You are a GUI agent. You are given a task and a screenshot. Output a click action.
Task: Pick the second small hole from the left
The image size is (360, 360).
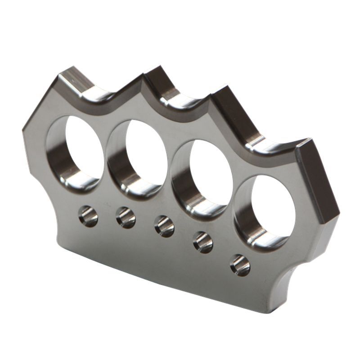126,217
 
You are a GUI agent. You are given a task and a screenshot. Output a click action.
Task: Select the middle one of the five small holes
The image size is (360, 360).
164,226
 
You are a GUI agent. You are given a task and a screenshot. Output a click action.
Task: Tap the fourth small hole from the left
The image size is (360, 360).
203,242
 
